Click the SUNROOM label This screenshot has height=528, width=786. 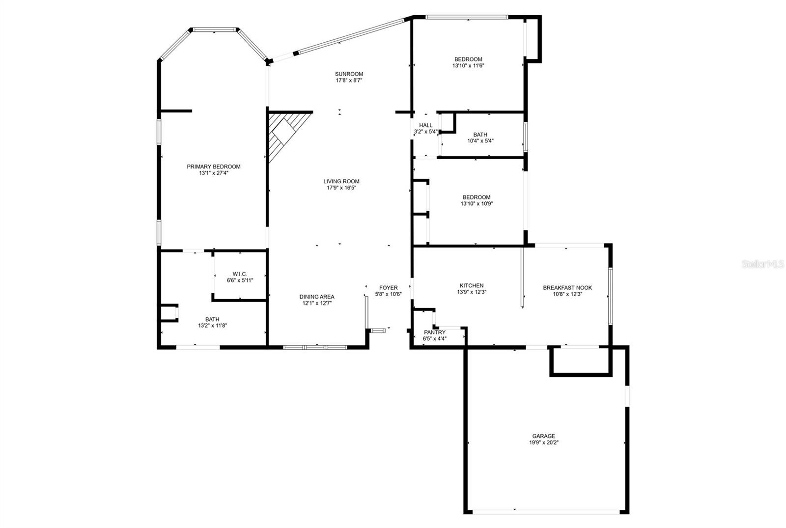[349, 74]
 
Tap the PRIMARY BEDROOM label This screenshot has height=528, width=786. [214, 167]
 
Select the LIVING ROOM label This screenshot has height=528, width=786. [341, 181]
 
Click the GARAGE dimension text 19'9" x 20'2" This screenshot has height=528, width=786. [543, 443]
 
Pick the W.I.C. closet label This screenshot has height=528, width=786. [240, 274]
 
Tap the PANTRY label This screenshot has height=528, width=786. [435, 332]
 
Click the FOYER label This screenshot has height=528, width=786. [389, 288]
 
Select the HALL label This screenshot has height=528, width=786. [425, 125]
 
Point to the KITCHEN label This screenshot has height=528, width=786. [472, 285]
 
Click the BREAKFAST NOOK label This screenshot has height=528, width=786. [567, 288]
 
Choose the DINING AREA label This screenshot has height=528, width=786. [317, 297]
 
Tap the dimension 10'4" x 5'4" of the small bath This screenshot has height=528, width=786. [480, 141]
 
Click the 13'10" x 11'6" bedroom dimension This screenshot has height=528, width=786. [468, 66]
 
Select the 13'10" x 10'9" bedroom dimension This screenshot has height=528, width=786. [477, 203]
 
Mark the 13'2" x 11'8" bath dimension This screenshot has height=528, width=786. [212, 326]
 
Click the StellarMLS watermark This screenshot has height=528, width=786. [763, 264]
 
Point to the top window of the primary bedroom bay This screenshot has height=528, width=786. [214, 30]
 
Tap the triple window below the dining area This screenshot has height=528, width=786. [315, 347]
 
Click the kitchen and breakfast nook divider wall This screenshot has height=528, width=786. [522, 277]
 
